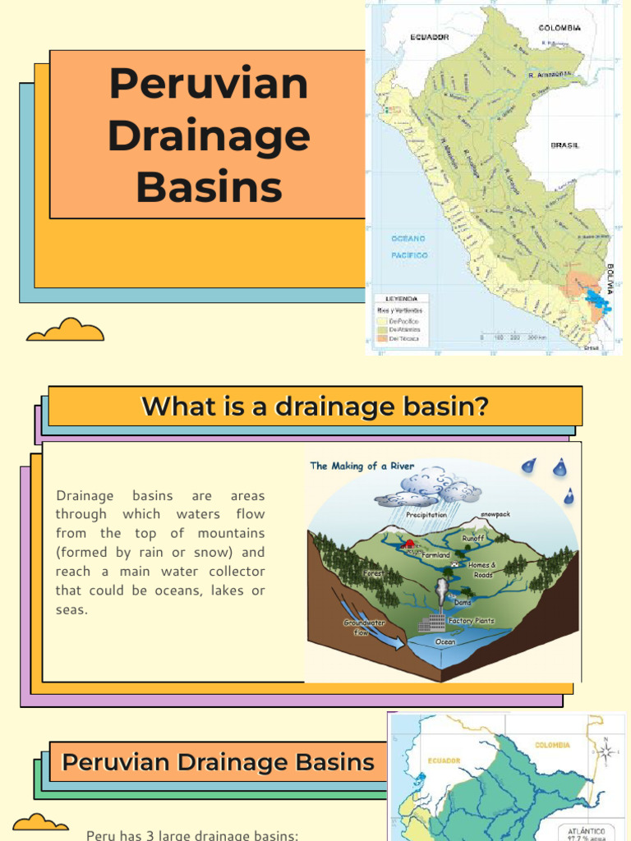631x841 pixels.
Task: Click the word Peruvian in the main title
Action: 208,84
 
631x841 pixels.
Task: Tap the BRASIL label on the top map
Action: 564,145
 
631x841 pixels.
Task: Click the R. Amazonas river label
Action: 548,73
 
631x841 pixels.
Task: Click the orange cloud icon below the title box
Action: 65,330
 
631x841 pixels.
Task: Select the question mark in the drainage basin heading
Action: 481,406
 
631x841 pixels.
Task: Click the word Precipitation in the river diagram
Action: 426,515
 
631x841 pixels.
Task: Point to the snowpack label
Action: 495,514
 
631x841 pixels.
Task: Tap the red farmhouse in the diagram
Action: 407,544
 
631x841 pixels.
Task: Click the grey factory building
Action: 431,623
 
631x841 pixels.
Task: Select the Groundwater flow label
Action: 363,627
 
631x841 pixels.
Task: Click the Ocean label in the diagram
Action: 445,642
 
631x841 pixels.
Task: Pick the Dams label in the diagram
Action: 463,602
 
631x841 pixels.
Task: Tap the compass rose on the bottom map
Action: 606,751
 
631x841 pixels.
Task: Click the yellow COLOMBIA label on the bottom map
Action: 552,746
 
